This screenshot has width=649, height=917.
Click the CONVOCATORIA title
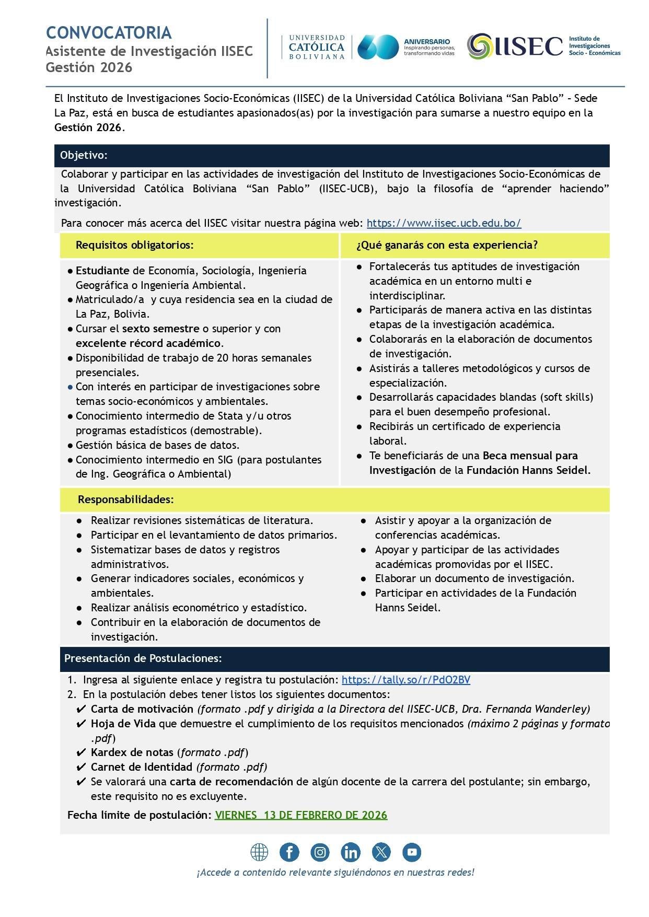pyautogui.click(x=109, y=32)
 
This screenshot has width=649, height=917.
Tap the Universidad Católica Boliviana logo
pyautogui.click(x=317, y=47)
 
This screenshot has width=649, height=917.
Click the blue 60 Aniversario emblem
pyautogui.click(x=378, y=47)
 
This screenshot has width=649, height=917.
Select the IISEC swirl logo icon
pyautogui.click(x=479, y=46)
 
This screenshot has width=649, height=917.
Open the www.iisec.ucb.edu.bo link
pyautogui.click(x=444, y=223)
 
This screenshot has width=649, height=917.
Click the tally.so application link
pyautogui.click(x=405, y=680)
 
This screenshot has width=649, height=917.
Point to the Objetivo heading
pyautogui.click(x=84, y=155)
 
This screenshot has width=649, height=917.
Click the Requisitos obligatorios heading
pyautogui.click(x=134, y=245)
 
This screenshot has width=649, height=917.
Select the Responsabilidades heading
pyautogui.click(x=125, y=500)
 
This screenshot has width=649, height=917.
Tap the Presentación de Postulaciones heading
pyautogui.click(x=143, y=658)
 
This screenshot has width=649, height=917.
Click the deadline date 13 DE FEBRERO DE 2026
pyautogui.click(x=301, y=815)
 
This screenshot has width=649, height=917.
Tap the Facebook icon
pyautogui.click(x=289, y=852)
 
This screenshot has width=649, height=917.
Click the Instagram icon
pyautogui.click(x=320, y=852)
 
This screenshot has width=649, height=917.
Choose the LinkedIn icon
pyautogui.click(x=350, y=852)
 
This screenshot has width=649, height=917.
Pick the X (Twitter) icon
pyautogui.click(x=381, y=852)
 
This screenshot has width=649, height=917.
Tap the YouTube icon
pyautogui.click(x=412, y=852)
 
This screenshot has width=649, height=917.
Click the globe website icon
pyautogui.click(x=259, y=852)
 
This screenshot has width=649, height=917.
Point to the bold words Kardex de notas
pyautogui.click(x=132, y=752)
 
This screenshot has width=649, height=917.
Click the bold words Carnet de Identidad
pyautogui.click(x=141, y=767)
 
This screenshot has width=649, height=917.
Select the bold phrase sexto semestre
pyautogui.click(x=160, y=329)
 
